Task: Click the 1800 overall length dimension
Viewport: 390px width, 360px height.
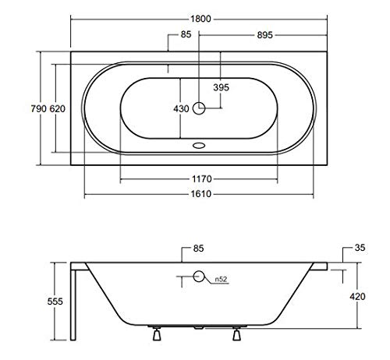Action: [x=200, y=19]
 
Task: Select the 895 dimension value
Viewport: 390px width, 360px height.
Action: [x=264, y=35]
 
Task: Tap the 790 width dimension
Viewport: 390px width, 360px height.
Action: [x=38, y=108]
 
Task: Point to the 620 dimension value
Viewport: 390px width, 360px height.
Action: [x=58, y=108]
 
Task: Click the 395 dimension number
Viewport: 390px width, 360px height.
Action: [x=221, y=87]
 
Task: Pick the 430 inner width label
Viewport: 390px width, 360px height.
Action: [x=181, y=108]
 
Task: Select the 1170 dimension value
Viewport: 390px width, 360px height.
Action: [x=202, y=179]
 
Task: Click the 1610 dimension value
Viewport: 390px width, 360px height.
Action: [x=201, y=194]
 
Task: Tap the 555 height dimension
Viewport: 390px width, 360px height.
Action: [x=55, y=302]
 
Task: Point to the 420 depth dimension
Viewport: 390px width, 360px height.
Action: [x=357, y=296]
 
